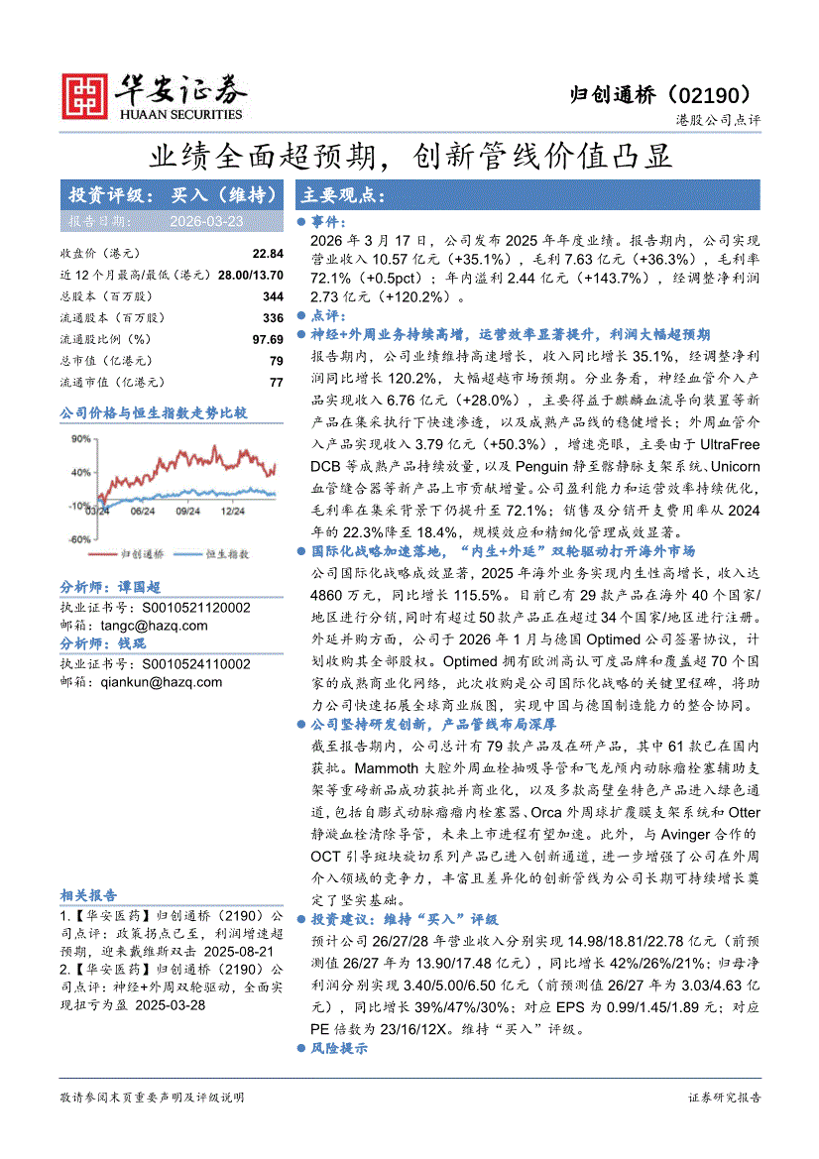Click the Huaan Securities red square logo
point(84,94)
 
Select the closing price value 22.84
point(268,254)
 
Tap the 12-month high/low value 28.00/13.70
point(250,275)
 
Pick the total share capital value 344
point(274,296)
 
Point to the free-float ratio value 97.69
point(268,340)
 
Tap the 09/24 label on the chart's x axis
point(187,512)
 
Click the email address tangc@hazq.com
point(154,626)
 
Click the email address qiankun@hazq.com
point(162,682)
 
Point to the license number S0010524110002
point(196,664)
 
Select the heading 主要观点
point(342,194)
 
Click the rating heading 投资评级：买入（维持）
point(171,194)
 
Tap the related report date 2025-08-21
point(229,949)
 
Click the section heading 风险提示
point(339,1047)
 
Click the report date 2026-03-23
point(206,221)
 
